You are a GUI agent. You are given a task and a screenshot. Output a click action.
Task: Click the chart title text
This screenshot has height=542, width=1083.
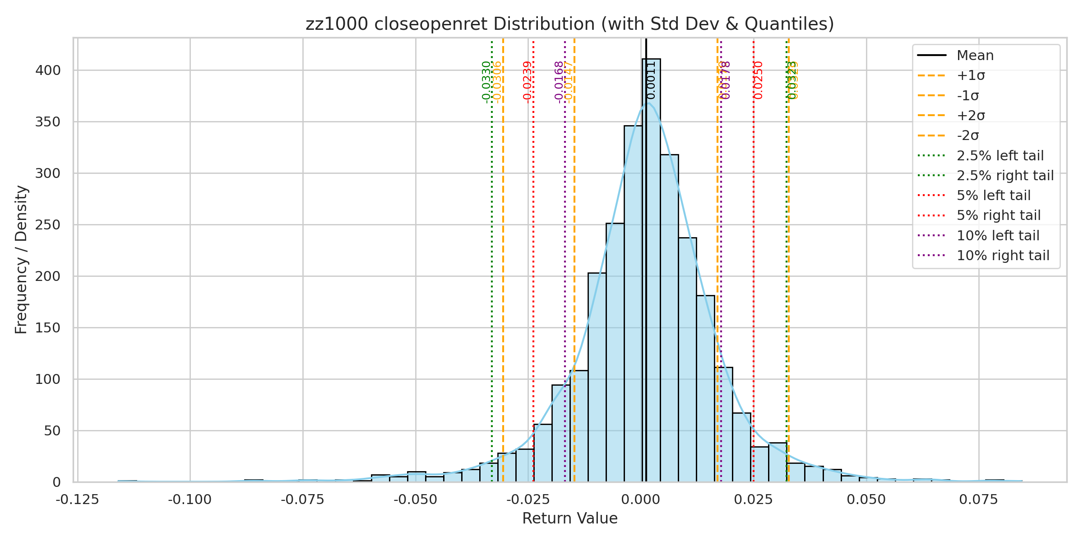coord(569,24)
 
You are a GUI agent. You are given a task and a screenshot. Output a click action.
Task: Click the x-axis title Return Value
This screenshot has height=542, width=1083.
coord(569,519)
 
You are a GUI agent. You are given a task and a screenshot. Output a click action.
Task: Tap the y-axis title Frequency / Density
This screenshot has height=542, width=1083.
coord(21,260)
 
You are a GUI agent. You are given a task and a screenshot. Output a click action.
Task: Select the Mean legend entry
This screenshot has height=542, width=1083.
coord(975,56)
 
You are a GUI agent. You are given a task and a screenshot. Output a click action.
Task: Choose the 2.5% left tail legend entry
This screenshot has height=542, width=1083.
coord(1000,156)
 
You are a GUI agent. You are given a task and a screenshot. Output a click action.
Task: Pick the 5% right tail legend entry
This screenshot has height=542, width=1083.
coord(998,215)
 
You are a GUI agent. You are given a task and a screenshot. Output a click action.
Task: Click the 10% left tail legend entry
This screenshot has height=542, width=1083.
coord(998,236)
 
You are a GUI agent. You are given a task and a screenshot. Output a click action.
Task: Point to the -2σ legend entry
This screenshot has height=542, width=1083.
coord(967,135)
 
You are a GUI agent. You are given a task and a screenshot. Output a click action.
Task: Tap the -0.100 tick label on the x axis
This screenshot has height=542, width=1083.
coord(190,500)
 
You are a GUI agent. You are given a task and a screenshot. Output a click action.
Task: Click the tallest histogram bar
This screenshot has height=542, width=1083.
coord(651,271)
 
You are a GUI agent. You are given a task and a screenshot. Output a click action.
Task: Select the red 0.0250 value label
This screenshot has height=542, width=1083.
coord(759,80)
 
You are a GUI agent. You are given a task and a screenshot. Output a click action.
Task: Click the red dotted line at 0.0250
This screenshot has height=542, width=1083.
coord(754,271)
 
